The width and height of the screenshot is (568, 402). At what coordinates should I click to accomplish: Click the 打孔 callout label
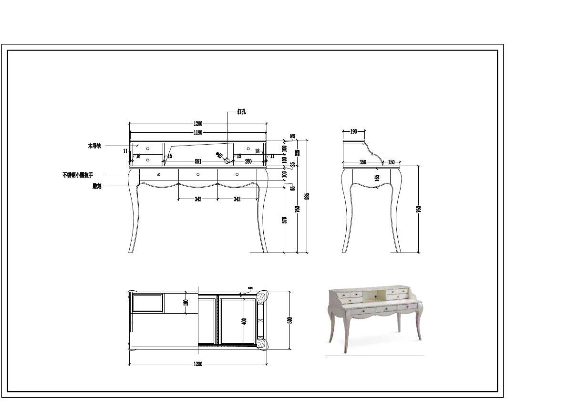point(241,112)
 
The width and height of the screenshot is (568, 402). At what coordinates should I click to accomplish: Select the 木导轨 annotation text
point(94,146)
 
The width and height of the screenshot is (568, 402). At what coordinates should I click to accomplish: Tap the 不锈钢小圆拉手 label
point(78,175)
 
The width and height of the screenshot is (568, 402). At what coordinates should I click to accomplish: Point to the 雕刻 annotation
point(97,186)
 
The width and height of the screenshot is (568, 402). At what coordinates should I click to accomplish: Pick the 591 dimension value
point(198,162)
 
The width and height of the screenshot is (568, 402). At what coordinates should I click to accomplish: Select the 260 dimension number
point(248,162)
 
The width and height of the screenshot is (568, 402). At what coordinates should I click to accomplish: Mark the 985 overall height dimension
point(307,196)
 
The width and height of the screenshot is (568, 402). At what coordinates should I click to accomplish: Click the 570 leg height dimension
point(284,220)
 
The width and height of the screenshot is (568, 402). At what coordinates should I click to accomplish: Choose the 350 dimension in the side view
point(362,162)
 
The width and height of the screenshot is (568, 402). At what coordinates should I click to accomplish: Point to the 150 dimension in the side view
point(392,162)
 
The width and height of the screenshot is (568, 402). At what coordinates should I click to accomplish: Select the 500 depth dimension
point(289,320)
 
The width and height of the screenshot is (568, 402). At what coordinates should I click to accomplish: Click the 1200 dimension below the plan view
point(198,364)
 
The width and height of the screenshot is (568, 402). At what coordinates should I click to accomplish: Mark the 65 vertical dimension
point(293,188)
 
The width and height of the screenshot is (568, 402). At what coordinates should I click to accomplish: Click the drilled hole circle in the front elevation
point(227,161)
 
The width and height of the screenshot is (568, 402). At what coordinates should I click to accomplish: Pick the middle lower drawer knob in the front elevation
point(198,174)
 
